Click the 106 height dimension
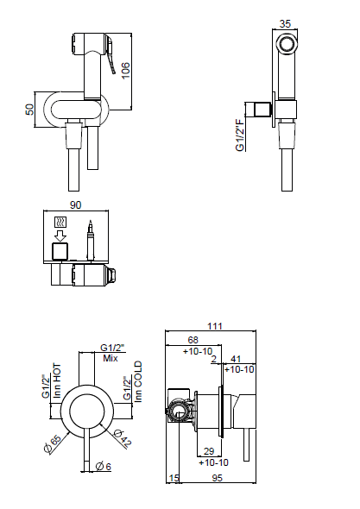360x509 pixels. pos(125,70)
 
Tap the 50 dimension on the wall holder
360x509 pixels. pos(29,110)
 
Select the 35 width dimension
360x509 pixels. pos(285,23)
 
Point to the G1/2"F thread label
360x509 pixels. pos(240,135)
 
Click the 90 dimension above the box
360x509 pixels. pos(75,205)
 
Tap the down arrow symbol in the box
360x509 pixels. pos(60,236)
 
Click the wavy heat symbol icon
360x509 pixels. pos(60,223)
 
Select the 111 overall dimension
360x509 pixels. pos(215,326)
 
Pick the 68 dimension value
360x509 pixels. pos(193,340)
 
